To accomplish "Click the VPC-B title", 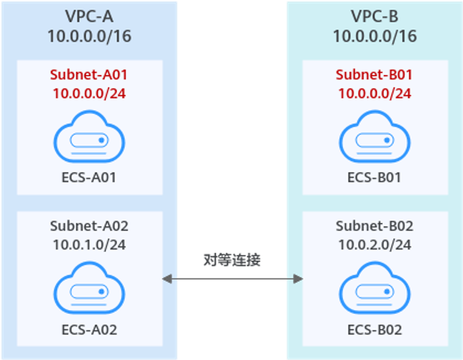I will click(374, 17).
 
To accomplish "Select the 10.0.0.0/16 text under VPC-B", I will click(374, 36).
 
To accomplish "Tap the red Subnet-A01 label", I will click(89, 75).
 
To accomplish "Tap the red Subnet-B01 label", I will click(374, 75).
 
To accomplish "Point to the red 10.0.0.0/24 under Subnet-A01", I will click(89, 93).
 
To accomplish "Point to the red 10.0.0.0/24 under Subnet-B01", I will click(374, 93).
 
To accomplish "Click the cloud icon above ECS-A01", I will click(89, 137).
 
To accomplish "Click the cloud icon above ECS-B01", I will click(374, 137).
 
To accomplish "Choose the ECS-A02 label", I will click(89, 329).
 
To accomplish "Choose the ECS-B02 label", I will click(374, 329).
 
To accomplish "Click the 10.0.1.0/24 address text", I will click(89, 245).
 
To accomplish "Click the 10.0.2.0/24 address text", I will click(374, 245).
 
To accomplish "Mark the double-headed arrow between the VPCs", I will click(232, 278).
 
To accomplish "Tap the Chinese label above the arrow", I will click(232, 259).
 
